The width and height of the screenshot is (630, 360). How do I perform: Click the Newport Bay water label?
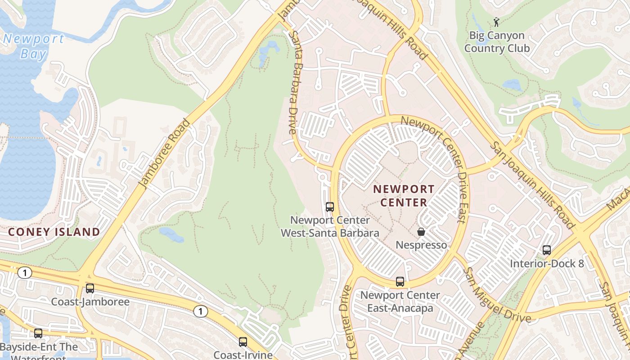pyautogui.click(x=34, y=46)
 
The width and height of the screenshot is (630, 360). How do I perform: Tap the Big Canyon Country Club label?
pyautogui.click(x=497, y=41)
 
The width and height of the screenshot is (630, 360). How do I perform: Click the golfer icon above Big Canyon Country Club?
pyautogui.click(x=496, y=22)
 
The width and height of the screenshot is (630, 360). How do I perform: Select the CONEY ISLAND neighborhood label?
pyautogui.click(x=54, y=232)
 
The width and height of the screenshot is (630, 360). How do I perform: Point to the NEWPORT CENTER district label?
pyautogui.click(x=404, y=196)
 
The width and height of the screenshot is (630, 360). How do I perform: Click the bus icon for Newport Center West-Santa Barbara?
pyautogui.click(x=330, y=207)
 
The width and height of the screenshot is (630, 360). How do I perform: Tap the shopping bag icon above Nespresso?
pyautogui.click(x=421, y=232)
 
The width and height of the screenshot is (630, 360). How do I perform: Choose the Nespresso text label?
pyautogui.click(x=421, y=245)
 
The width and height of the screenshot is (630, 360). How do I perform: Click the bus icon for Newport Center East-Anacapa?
pyautogui.click(x=400, y=282)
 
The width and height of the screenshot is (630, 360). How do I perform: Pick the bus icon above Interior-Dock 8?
pyautogui.click(x=547, y=250)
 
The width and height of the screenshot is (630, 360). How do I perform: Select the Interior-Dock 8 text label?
pyautogui.click(x=547, y=263)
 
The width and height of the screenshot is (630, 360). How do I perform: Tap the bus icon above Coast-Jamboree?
pyautogui.click(x=90, y=288)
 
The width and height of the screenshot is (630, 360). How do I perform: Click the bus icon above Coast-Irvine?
pyautogui.click(x=243, y=342)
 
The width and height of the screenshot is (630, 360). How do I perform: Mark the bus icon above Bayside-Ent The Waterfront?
pyautogui.click(x=38, y=333)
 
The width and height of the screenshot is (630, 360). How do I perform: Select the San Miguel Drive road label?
pyautogui.click(x=498, y=296)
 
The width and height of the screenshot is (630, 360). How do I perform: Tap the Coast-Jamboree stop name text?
pyautogui.click(x=90, y=301)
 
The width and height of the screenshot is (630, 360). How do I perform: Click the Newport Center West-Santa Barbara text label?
pyautogui.click(x=330, y=226)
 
